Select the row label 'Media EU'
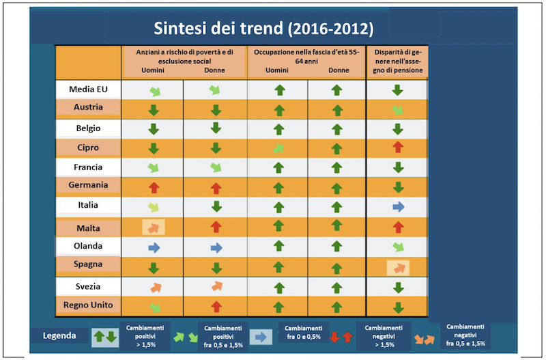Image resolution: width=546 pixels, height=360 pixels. (x=89, y=89)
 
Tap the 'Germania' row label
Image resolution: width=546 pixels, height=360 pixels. (x=89, y=185)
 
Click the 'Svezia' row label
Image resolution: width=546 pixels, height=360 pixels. (x=89, y=286)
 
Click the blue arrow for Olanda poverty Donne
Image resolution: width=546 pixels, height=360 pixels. (x=216, y=247)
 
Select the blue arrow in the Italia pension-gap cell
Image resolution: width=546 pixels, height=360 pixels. (x=398, y=206)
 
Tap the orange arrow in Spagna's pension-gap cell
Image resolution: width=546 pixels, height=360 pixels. (x=397, y=267)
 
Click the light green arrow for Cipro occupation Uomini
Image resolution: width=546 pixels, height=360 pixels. (x=278, y=148)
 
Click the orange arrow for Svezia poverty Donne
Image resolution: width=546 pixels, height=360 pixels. (x=216, y=286)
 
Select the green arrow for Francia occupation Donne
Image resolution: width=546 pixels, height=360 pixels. (x=336, y=167)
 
